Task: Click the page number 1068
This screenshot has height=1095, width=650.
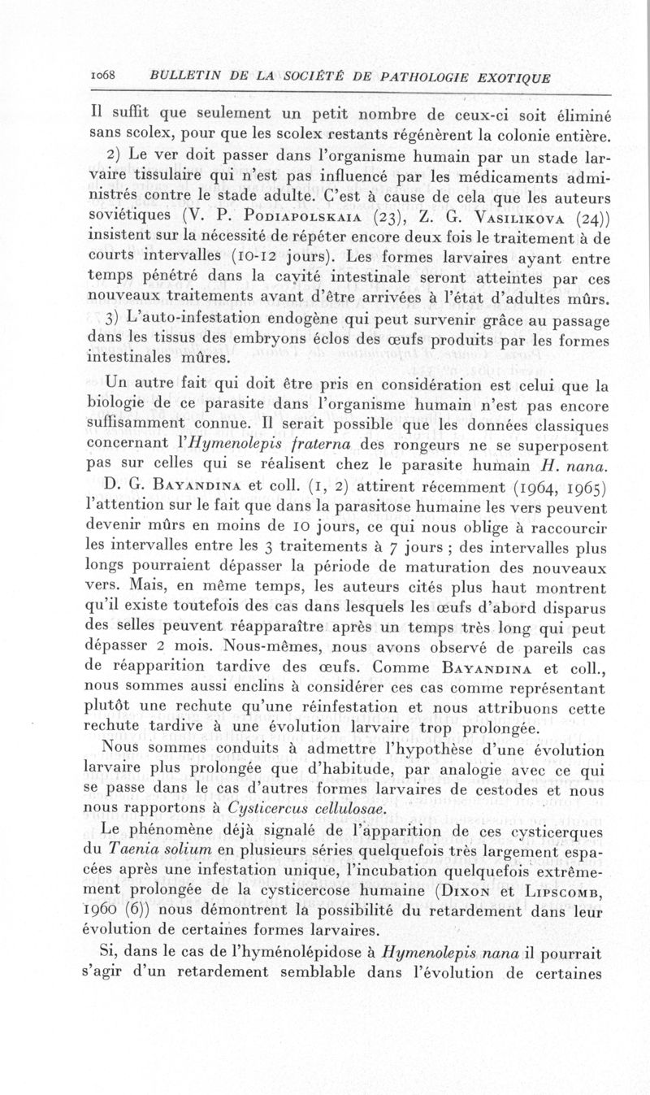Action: click(102, 76)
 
